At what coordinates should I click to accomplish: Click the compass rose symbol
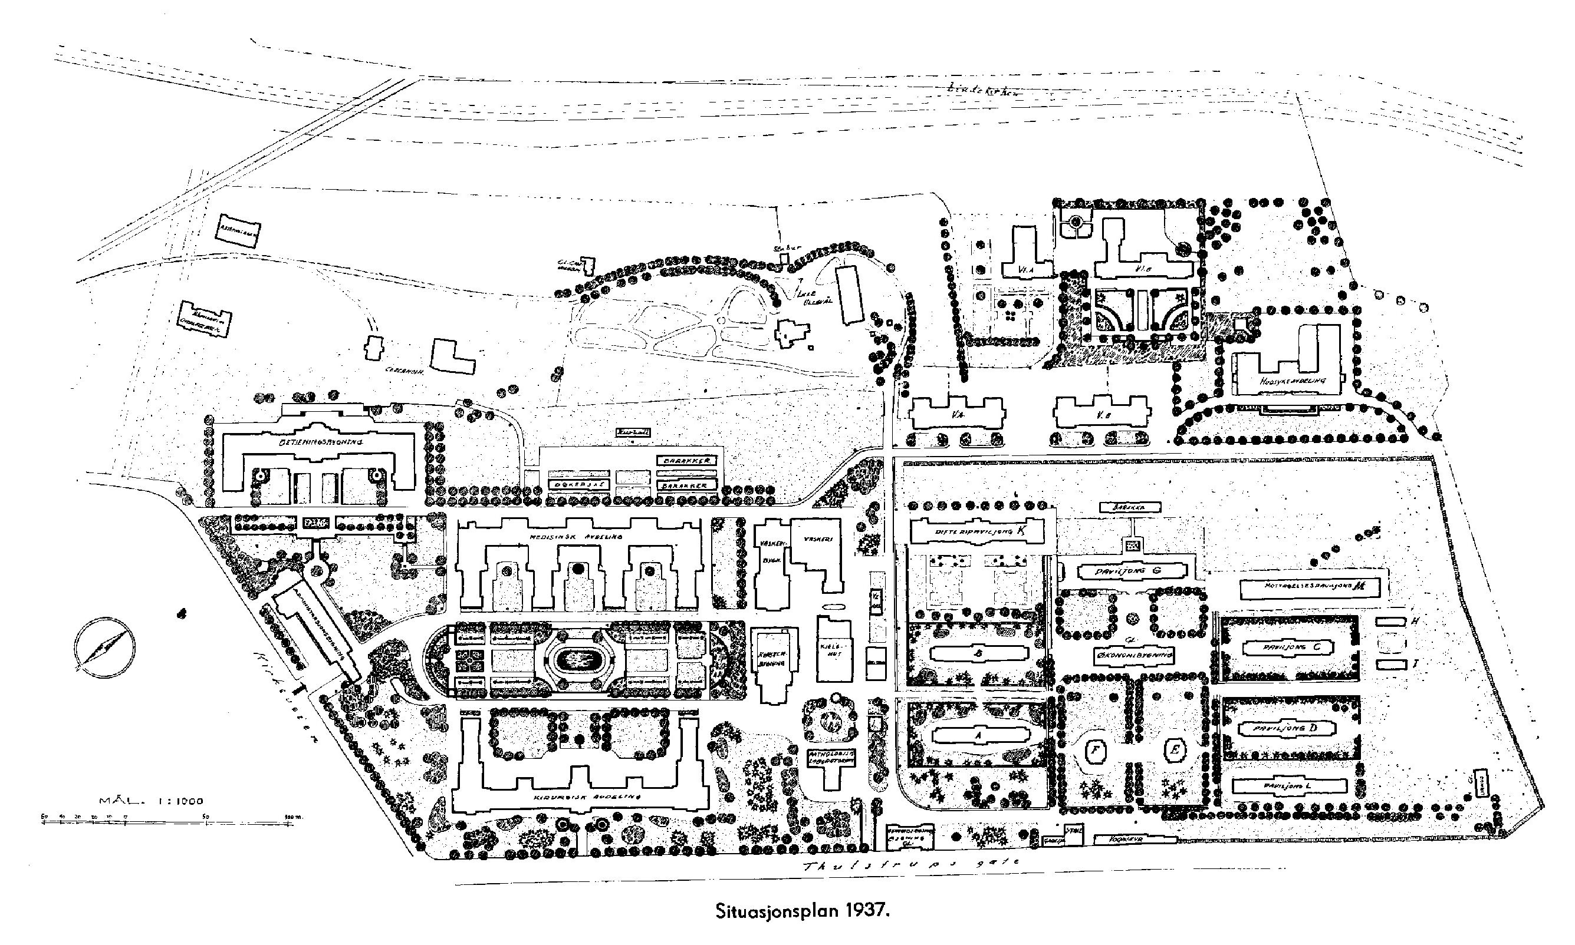(104, 646)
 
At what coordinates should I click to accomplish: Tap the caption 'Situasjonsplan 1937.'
(801, 927)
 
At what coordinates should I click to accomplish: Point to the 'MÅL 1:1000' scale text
(151, 801)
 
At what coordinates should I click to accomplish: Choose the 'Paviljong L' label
(1287, 786)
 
